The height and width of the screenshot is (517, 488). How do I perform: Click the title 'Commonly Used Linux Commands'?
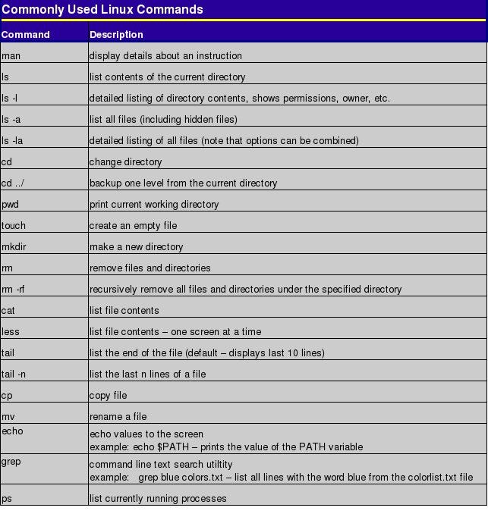coord(102,10)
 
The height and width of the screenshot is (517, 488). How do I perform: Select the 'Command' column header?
coord(26,35)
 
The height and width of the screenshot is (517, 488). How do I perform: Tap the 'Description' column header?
coord(116,35)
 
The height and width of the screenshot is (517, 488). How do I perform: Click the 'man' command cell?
coord(11,56)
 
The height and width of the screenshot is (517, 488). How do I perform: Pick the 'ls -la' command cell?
coord(13,141)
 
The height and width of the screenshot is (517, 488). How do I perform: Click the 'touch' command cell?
coord(14,226)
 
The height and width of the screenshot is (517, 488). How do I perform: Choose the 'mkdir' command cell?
coord(14,247)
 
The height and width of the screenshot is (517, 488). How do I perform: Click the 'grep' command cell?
coord(11,461)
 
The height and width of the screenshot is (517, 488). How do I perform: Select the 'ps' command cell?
coord(7,499)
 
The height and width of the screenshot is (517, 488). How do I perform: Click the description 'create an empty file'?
coord(133,226)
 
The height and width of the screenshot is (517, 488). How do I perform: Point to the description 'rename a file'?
coord(118,417)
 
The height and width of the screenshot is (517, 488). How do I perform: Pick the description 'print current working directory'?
coord(154,205)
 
